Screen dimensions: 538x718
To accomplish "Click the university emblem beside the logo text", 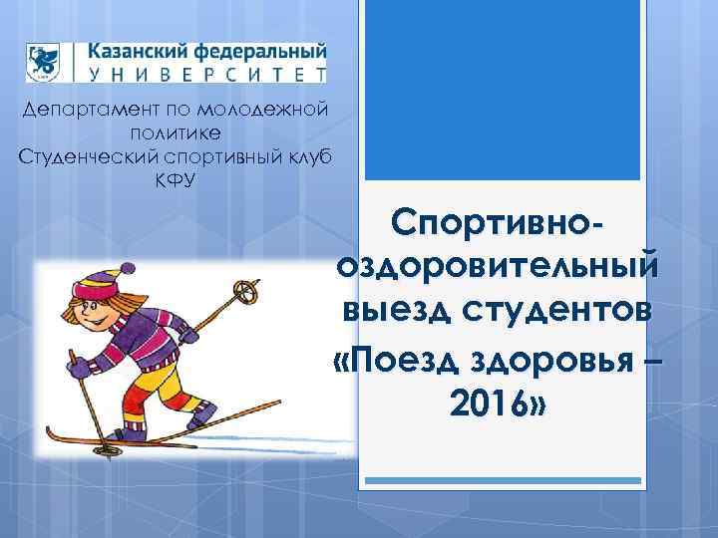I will click(44, 61).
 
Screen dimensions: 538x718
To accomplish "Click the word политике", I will click(176, 133).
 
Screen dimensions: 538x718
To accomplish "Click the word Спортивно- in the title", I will click(498, 223).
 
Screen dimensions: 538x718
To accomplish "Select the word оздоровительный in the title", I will click(498, 265).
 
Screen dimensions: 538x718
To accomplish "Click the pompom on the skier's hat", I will click(127, 269).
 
